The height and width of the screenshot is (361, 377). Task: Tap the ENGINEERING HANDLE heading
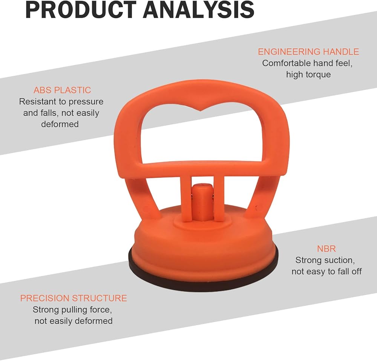(308, 52)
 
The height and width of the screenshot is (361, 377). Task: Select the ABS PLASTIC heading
(62, 90)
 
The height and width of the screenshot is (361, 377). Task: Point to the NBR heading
(326, 249)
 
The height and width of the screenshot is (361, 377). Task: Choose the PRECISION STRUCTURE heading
(74, 298)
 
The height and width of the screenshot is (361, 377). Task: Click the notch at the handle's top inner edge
(201, 110)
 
